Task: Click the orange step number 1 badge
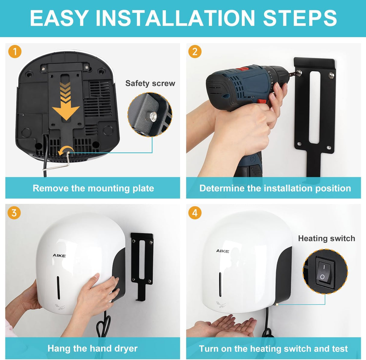click(x=15, y=52)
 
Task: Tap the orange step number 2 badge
click(x=195, y=52)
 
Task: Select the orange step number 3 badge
click(x=14, y=213)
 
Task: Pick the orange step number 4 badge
click(x=195, y=213)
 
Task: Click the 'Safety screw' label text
click(x=150, y=84)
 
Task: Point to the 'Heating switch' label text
click(x=327, y=238)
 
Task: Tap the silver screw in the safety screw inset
click(x=153, y=115)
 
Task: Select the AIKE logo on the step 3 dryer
click(x=59, y=256)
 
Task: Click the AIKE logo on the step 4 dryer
click(x=222, y=251)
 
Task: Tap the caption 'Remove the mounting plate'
click(x=93, y=188)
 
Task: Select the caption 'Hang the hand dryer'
click(x=93, y=349)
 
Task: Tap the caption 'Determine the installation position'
click(x=275, y=188)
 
